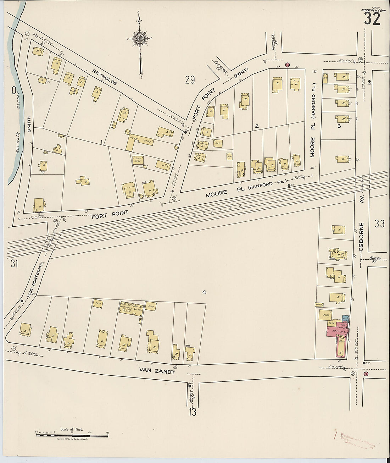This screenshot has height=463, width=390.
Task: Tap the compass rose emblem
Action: coord(140,38)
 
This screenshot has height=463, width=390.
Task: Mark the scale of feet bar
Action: coord(72,434)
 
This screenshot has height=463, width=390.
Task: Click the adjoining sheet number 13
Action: coord(193,412)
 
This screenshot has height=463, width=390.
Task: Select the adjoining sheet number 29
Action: coord(190,80)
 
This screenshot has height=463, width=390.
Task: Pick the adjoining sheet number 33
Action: coord(379,224)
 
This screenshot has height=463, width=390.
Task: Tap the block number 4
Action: coord(204,292)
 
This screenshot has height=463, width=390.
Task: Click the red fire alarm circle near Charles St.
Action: coord(288,65)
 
